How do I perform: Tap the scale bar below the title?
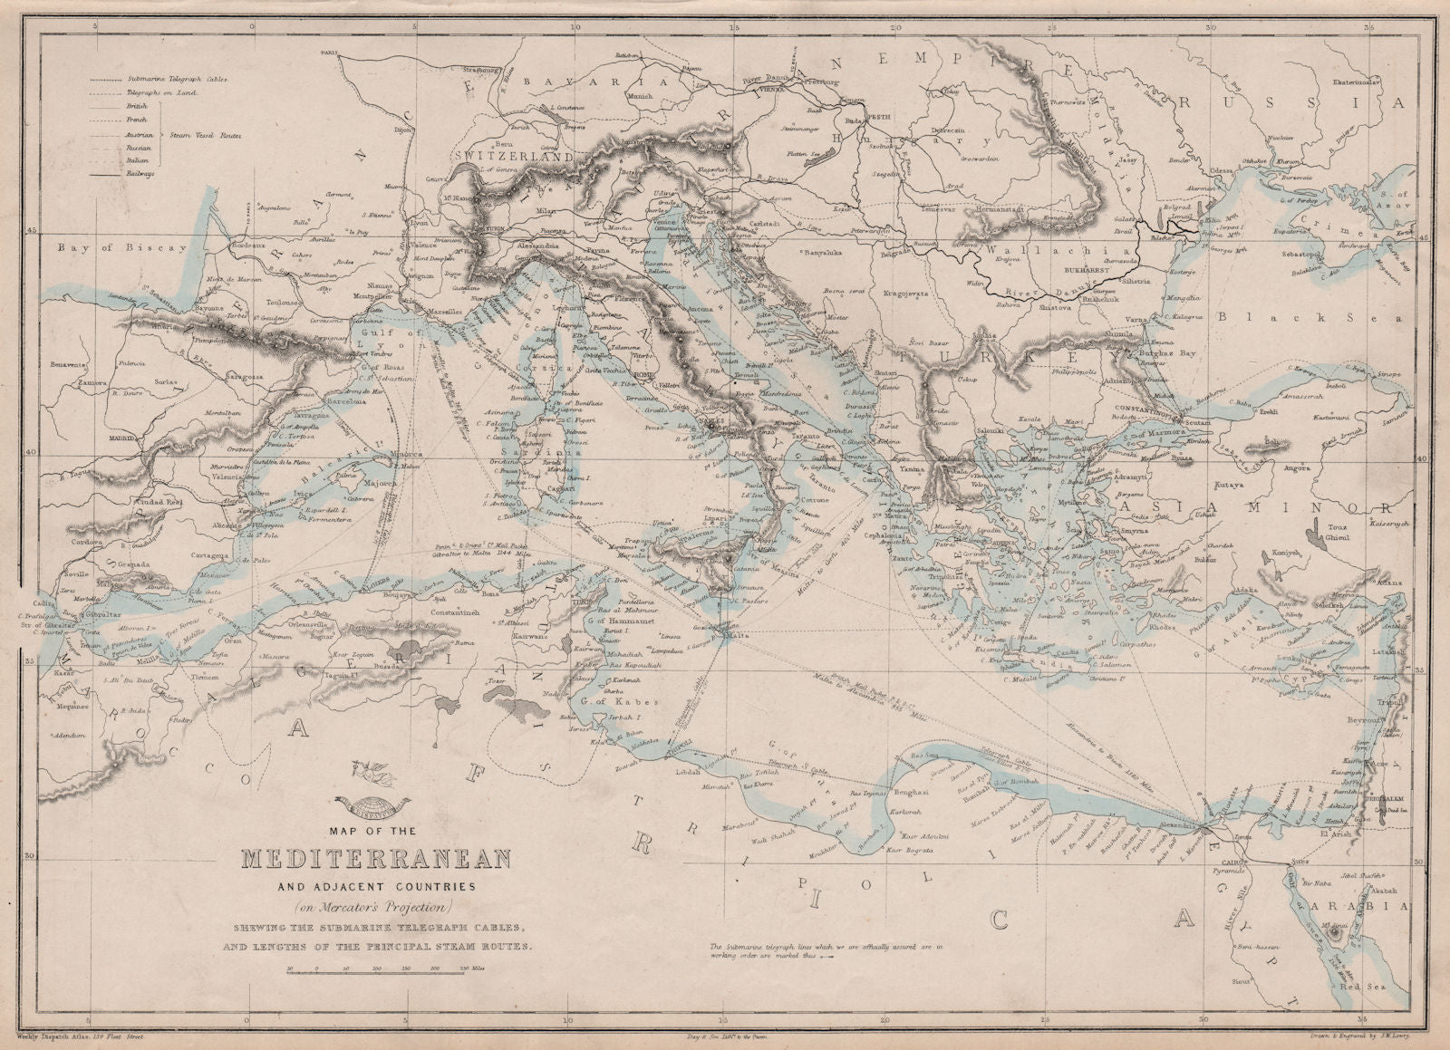pos(375,969)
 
